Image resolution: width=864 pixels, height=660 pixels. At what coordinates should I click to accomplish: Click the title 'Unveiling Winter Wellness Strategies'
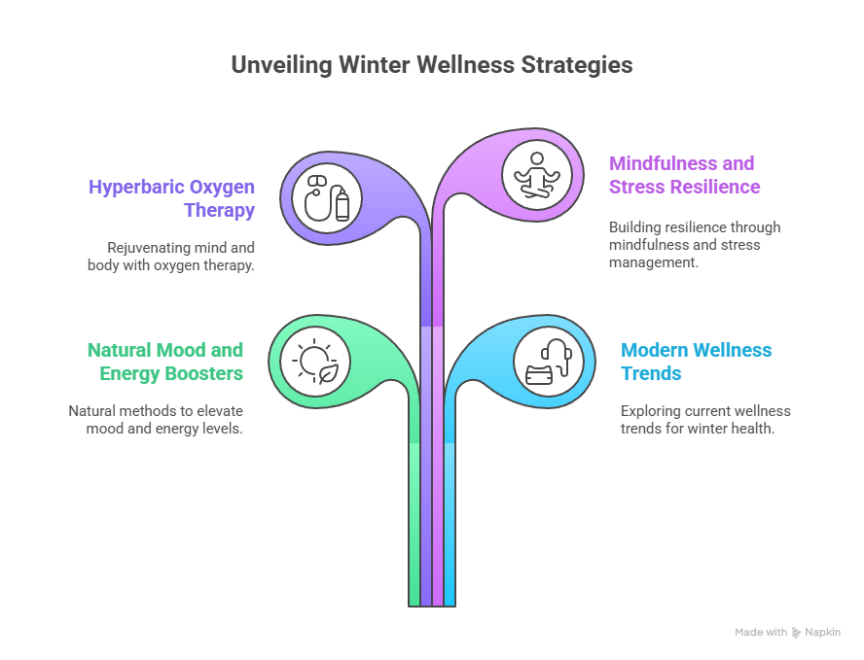pyautogui.click(x=431, y=65)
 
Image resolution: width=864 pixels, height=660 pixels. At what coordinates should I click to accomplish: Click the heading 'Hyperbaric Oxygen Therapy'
pyautogui.click(x=171, y=197)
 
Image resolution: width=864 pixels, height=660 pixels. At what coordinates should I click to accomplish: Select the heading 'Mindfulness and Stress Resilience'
pyautogui.click(x=685, y=175)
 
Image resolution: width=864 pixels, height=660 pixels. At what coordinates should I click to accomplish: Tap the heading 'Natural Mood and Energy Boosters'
pyautogui.click(x=164, y=361)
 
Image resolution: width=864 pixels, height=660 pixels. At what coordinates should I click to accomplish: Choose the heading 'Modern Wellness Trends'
pyautogui.click(x=696, y=361)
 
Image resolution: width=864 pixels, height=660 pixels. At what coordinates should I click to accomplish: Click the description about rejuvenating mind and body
pyautogui.click(x=171, y=256)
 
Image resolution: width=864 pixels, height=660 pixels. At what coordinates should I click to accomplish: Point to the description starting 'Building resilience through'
pyautogui.click(x=694, y=245)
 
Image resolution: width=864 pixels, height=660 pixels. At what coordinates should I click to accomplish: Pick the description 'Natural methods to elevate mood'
pyautogui.click(x=156, y=419)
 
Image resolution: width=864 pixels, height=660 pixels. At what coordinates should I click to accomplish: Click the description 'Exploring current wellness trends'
pyautogui.click(x=705, y=419)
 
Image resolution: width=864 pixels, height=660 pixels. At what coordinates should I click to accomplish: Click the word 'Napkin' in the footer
pyautogui.click(x=822, y=632)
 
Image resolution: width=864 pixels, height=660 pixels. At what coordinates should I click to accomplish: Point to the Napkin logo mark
pyautogui.click(x=797, y=632)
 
